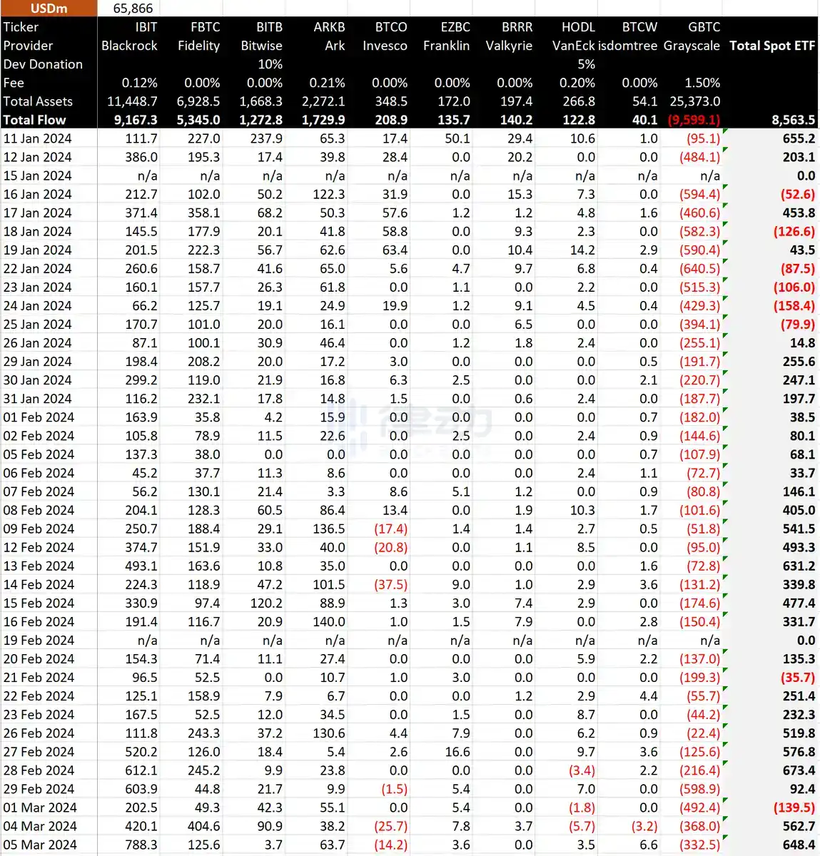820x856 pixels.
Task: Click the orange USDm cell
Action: point(49,9)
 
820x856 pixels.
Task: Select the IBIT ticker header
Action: point(146,27)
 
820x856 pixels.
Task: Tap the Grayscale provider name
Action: point(691,46)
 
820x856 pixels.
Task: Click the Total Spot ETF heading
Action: point(771,46)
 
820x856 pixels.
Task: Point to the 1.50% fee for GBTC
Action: point(702,83)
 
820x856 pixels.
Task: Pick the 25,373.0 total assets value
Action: point(694,101)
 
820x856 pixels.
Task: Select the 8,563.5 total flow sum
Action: point(793,120)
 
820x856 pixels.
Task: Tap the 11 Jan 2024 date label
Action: point(37,138)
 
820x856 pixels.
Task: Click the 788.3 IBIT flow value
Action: point(141,845)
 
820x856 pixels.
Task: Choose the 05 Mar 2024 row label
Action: point(39,845)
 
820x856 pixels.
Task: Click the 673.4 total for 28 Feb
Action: point(799,770)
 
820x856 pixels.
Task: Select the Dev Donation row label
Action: point(43,64)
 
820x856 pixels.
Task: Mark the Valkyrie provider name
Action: point(509,46)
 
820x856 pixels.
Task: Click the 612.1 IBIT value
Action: point(141,770)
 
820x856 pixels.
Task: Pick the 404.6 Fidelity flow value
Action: point(203,826)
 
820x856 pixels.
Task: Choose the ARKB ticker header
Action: point(329,27)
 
